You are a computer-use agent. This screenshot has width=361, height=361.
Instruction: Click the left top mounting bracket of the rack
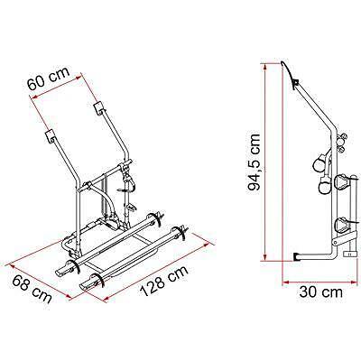tap(50, 137)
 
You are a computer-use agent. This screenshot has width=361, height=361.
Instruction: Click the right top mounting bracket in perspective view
tap(98, 110)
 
